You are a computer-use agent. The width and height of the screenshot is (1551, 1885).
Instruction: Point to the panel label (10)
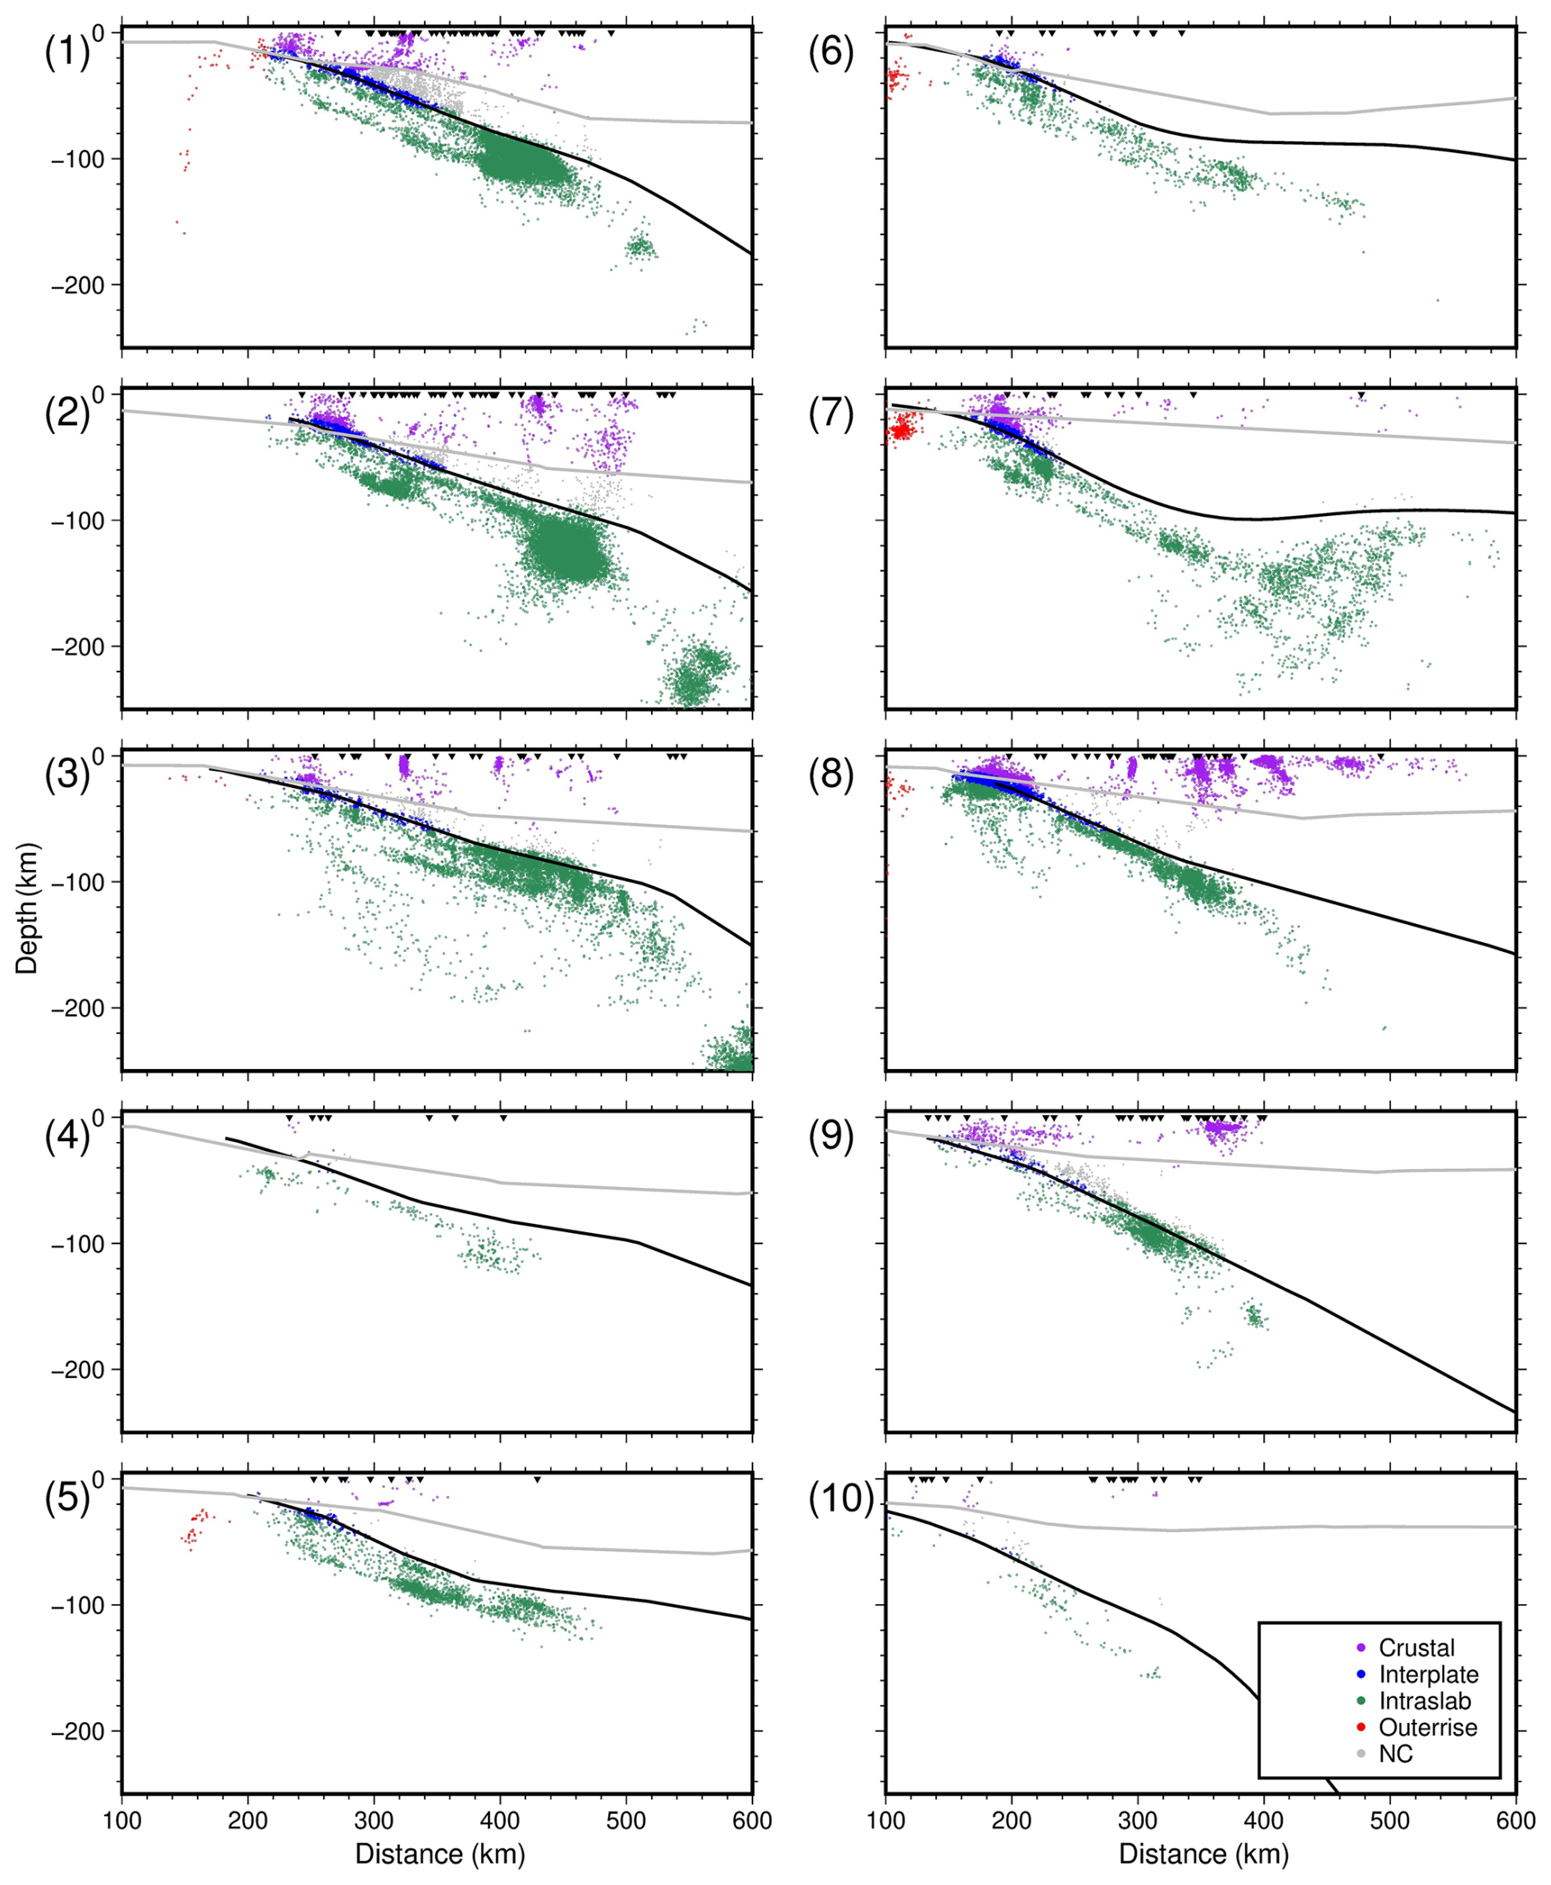click(839, 1501)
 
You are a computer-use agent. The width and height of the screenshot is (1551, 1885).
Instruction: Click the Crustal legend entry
click(1416, 1648)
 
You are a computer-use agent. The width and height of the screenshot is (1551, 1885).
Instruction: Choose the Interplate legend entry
click(1428, 1675)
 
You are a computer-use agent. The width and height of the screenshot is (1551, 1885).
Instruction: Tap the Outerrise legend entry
click(1428, 1728)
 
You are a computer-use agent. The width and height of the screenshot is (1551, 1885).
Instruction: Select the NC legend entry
click(1395, 1755)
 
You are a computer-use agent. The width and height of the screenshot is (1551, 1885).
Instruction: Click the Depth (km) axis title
click(27, 907)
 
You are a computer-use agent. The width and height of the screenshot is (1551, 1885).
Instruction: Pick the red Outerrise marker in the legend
click(1361, 1728)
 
